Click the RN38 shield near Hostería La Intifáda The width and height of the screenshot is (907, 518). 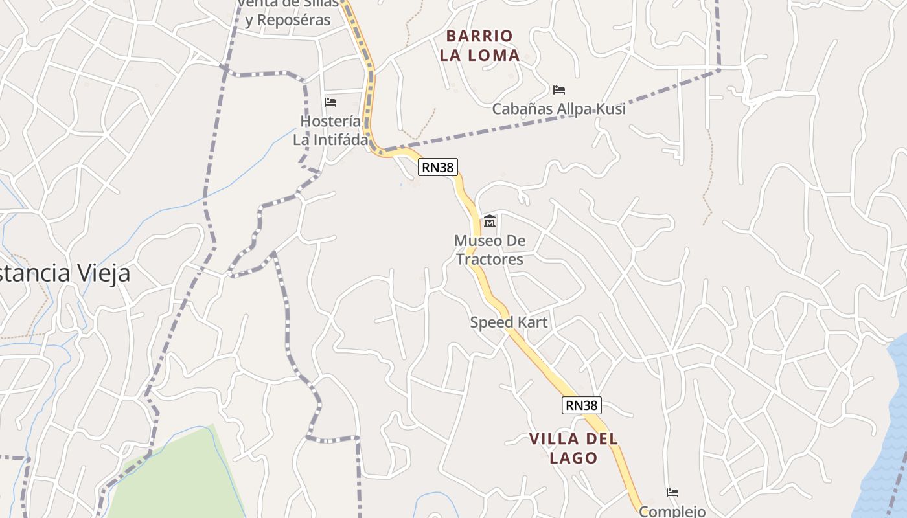[x=438, y=167]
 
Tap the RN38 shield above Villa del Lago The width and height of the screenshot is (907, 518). [x=581, y=405]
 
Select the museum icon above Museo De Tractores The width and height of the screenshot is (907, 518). [x=490, y=221]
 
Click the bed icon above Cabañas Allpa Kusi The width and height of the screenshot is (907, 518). [x=559, y=90]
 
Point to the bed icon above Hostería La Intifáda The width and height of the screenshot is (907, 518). [x=330, y=102]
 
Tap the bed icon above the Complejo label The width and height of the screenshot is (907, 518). [x=672, y=493]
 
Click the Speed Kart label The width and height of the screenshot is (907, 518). [x=509, y=322]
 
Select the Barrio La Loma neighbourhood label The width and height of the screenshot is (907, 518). [x=479, y=45]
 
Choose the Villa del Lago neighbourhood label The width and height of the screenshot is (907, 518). [x=573, y=448]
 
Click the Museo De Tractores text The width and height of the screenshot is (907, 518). [x=490, y=250]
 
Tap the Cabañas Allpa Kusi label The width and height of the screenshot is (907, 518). [x=558, y=109]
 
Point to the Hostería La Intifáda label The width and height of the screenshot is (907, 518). [x=330, y=130]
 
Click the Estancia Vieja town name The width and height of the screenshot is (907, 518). [x=65, y=273]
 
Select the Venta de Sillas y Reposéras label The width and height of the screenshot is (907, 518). [x=288, y=12]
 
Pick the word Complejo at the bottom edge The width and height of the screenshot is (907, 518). [x=672, y=511]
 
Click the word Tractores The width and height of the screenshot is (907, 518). [x=490, y=260]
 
